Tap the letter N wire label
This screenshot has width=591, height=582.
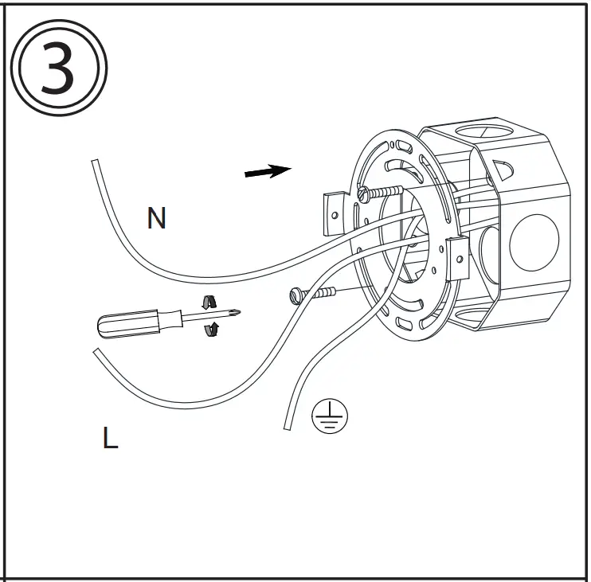click(x=157, y=218)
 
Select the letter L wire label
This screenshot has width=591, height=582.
click(x=110, y=438)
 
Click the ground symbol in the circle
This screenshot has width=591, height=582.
click(x=329, y=416)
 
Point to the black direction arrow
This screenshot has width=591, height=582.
click(x=268, y=171)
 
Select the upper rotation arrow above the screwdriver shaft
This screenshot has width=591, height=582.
click(x=209, y=301)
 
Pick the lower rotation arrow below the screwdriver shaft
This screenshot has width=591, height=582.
click(x=213, y=330)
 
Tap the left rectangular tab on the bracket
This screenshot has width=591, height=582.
click(x=332, y=210)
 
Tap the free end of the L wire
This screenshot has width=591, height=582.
click(x=96, y=351)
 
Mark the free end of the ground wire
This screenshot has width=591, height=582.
click(x=288, y=428)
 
